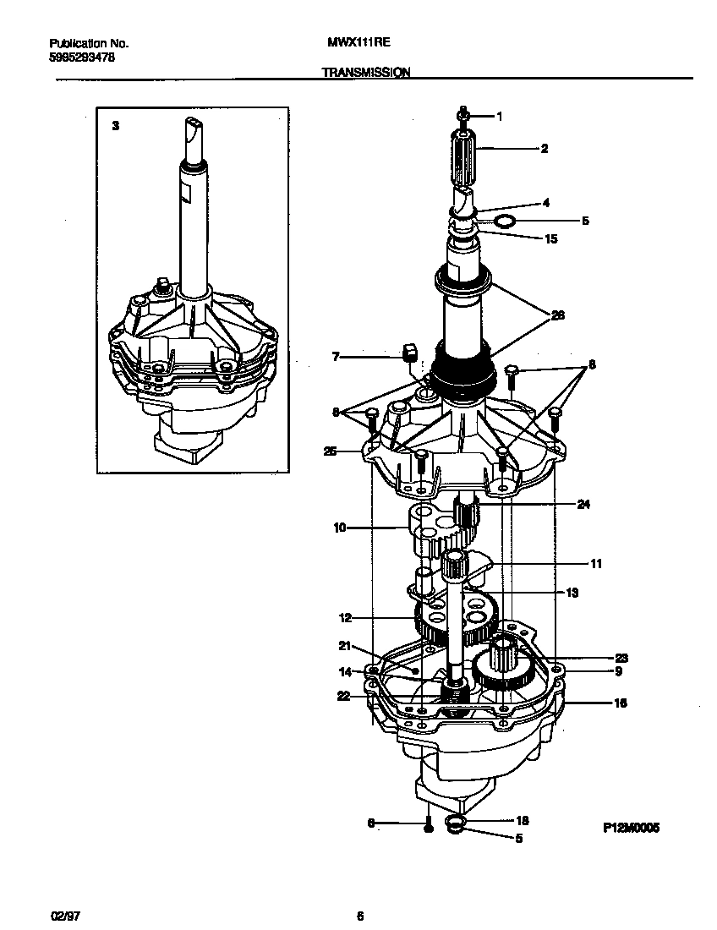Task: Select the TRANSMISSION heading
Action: [x=366, y=74]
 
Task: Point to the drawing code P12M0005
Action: [x=631, y=829]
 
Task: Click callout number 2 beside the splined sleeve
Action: [x=545, y=149]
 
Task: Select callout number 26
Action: [x=557, y=315]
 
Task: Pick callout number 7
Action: [x=335, y=358]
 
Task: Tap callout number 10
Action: [x=339, y=528]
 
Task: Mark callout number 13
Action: [x=572, y=593]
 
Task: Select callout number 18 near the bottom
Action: [x=522, y=820]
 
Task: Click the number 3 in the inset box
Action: [x=116, y=124]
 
